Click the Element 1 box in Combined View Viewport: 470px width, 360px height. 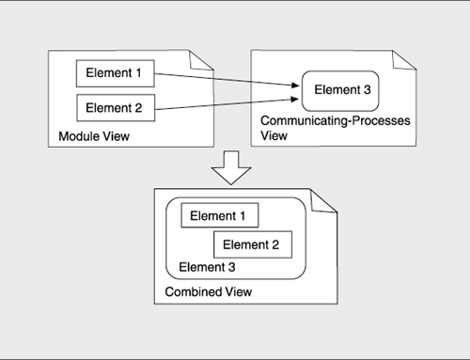tap(219, 216)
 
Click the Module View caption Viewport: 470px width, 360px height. tap(94, 138)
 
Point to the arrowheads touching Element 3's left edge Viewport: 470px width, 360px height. tap(296, 90)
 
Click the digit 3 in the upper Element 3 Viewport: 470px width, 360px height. tap(366, 91)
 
